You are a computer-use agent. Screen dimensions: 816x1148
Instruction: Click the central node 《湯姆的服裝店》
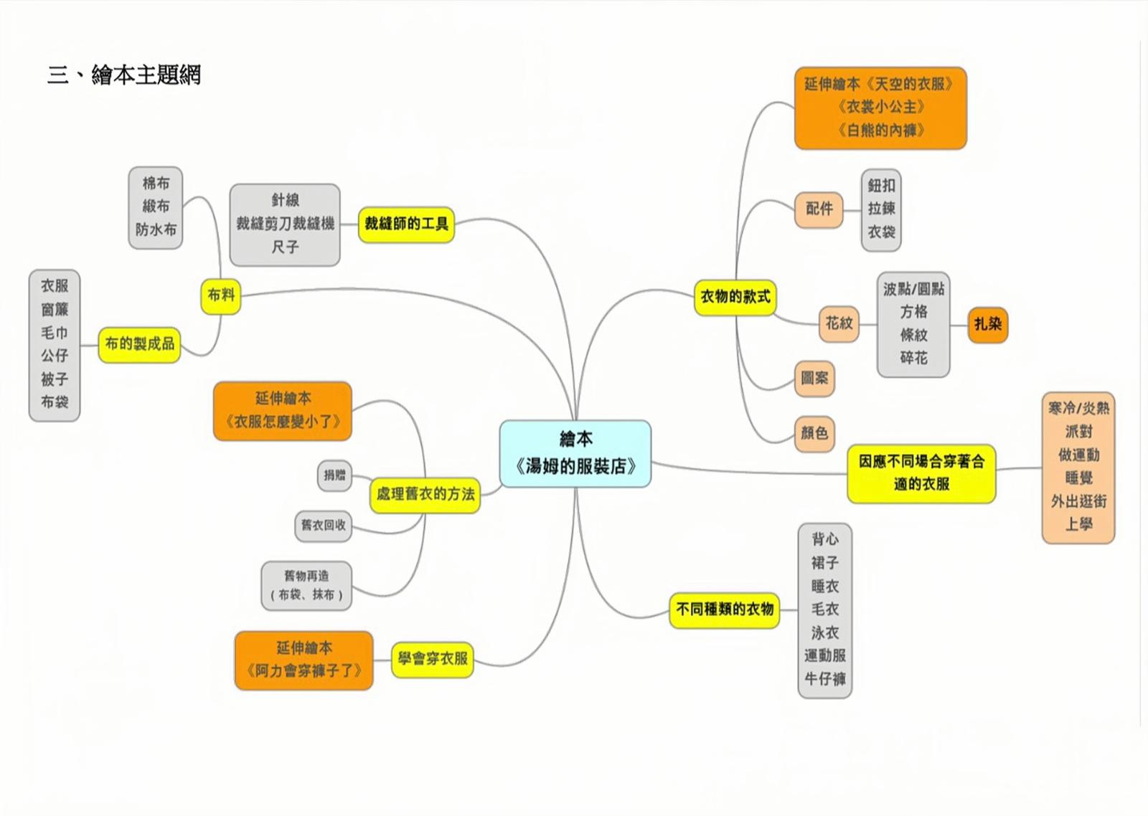click(575, 454)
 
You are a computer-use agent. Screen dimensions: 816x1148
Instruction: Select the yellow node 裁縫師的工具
click(406, 224)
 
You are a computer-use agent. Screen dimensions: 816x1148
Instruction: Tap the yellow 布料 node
click(221, 295)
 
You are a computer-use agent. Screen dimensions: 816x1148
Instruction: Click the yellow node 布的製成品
click(139, 344)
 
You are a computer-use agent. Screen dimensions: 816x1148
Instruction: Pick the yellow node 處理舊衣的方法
click(425, 494)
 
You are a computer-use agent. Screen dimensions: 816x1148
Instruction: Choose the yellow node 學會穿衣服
click(432, 658)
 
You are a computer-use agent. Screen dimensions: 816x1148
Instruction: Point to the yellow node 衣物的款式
click(735, 297)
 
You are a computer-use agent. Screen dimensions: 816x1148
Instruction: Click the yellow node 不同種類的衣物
click(724, 610)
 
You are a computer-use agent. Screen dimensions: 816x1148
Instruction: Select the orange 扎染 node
click(987, 324)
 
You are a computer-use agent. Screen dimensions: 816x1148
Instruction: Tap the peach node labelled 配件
click(819, 209)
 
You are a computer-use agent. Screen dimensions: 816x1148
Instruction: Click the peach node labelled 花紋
click(839, 323)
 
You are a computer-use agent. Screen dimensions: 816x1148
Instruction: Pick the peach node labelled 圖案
click(814, 379)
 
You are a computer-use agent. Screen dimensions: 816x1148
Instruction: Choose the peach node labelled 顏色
click(814, 433)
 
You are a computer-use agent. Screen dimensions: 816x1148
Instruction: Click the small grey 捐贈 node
click(334, 475)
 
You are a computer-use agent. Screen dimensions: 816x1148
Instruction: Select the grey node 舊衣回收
click(324, 526)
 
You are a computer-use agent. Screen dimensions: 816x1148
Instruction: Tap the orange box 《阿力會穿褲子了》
click(304, 660)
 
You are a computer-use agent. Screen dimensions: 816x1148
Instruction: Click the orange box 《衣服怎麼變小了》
click(283, 411)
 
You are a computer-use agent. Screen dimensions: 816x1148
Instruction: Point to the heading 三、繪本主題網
click(124, 75)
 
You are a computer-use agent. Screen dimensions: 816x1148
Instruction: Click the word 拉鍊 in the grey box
click(881, 209)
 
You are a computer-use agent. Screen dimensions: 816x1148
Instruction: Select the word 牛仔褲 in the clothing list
click(824, 678)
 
